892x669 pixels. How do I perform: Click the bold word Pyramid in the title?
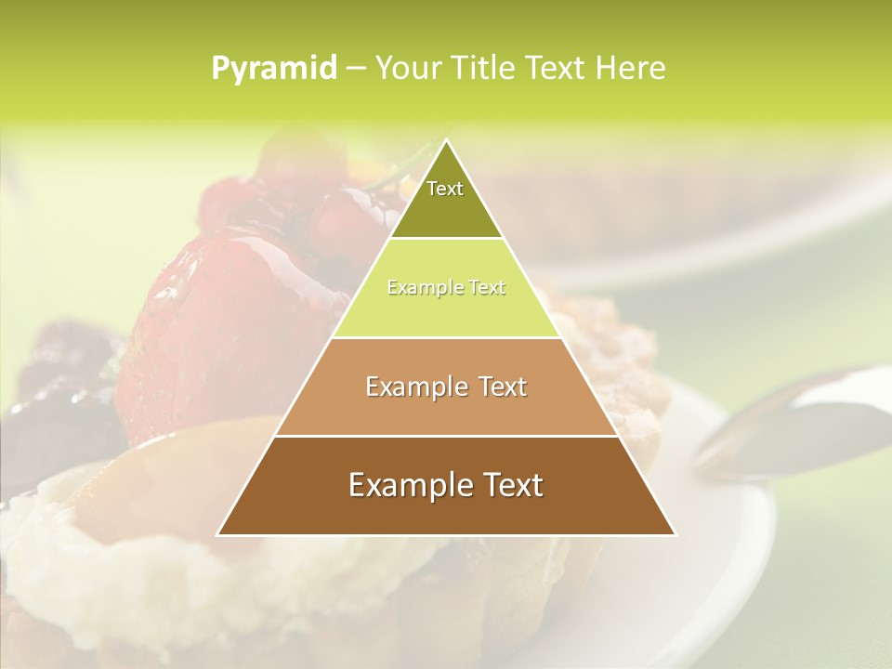[x=273, y=69]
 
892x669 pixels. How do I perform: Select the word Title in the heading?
[x=488, y=69]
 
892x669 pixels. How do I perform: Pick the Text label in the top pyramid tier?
[x=445, y=189]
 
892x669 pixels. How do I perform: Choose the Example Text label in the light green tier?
[x=446, y=288]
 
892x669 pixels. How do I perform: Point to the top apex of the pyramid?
[x=446, y=141]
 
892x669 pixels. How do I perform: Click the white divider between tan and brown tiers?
[x=446, y=436]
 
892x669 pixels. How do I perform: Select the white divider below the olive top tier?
[x=446, y=238]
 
